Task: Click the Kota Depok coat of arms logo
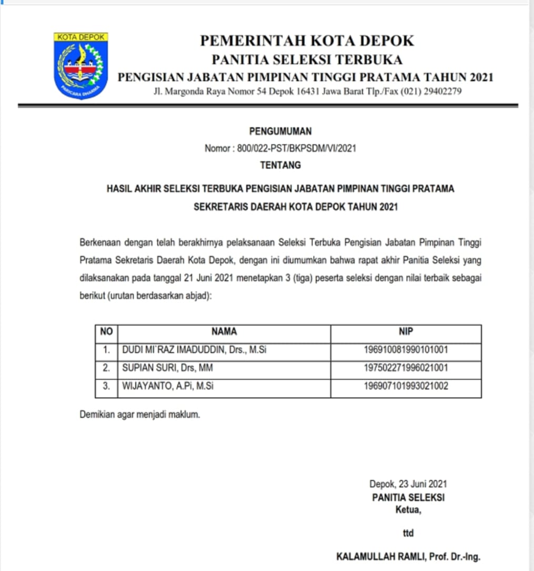point(80,66)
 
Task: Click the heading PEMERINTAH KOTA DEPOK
point(307,40)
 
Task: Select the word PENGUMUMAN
point(280,131)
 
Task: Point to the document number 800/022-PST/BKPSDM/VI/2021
point(296,148)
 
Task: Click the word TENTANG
point(280,165)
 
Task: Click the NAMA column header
point(224,332)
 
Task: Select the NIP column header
point(406,332)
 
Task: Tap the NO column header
point(106,332)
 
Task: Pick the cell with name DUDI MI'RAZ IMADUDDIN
point(194,350)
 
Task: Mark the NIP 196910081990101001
point(406,350)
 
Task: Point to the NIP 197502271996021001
point(406,368)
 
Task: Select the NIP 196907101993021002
point(406,386)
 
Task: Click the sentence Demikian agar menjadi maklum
point(140,414)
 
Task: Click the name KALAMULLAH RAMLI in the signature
point(380,557)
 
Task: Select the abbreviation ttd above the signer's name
point(408,533)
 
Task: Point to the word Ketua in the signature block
point(408,509)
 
